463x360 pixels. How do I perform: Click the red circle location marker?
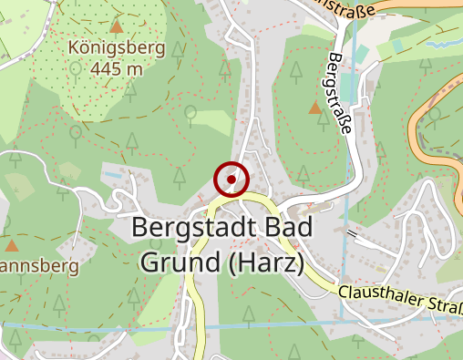[231, 180]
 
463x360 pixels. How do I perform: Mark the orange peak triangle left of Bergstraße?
[314, 108]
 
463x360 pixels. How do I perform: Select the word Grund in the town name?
[178, 262]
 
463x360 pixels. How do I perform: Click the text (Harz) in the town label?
[262, 262]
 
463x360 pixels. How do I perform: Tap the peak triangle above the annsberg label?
[12, 245]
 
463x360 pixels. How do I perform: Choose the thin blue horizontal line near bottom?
[109, 325]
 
